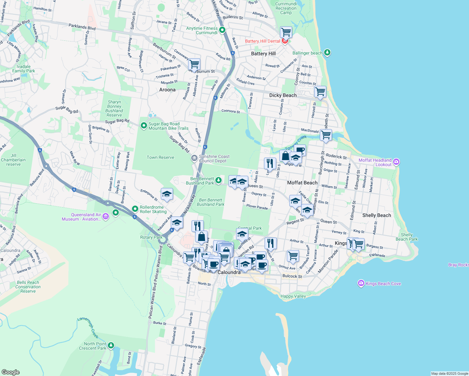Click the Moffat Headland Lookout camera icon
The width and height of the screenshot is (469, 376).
[x=396, y=162]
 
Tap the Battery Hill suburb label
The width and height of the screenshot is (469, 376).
[x=263, y=54]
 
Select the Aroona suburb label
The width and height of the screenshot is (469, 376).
[x=167, y=90]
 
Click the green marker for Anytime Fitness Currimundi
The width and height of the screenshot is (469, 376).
[x=222, y=30]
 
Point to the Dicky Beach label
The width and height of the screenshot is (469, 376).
[x=283, y=95]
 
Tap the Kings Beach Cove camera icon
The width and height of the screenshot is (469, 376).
[x=361, y=283]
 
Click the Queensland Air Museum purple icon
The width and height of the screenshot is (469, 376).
[x=106, y=216]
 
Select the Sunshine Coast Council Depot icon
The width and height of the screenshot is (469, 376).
[x=194, y=158]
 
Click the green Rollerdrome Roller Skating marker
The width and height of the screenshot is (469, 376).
[x=135, y=209]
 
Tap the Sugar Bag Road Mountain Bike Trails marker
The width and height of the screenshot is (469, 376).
[x=144, y=126]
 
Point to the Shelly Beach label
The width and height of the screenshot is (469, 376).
[x=377, y=215]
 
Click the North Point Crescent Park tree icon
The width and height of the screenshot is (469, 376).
[x=111, y=346]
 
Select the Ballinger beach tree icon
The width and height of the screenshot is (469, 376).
[x=327, y=52]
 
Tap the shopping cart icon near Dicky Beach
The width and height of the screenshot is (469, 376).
[x=320, y=92]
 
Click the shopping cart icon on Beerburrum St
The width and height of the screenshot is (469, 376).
[x=194, y=64]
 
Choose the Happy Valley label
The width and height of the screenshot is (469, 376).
[x=293, y=296]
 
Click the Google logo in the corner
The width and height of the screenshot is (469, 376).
[x=11, y=372]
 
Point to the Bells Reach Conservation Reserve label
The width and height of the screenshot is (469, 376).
[x=28, y=287]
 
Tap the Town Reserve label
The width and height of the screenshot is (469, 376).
[x=160, y=157]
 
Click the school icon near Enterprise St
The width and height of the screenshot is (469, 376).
[x=167, y=194]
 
